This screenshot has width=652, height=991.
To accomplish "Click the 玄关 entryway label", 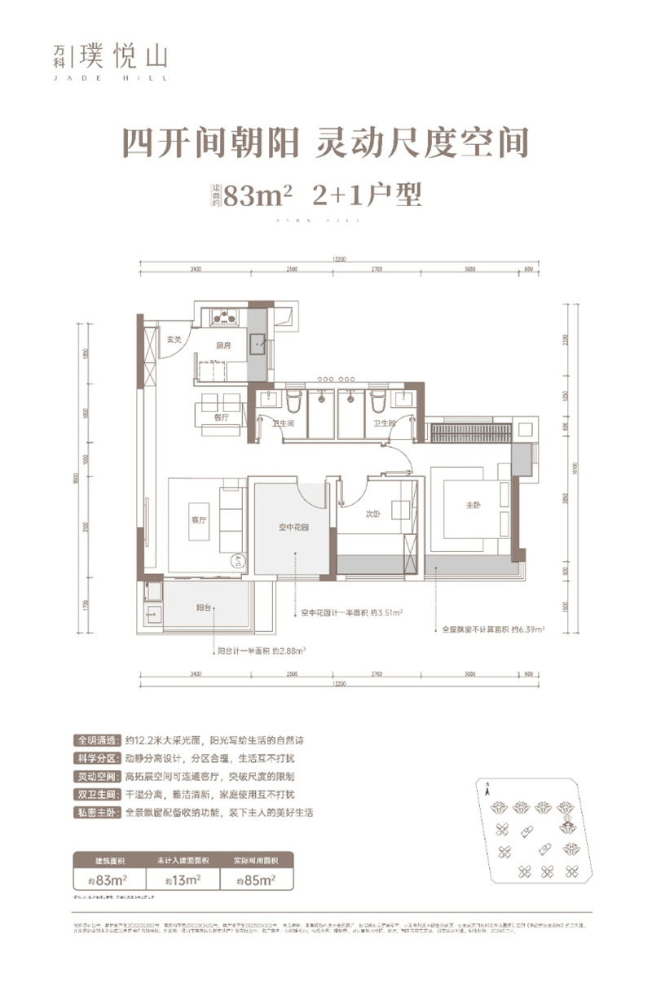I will tap(173, 340).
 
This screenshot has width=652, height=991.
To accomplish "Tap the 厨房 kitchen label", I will tap(225, 345).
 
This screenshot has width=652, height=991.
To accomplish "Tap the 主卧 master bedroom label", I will tap(474, 506).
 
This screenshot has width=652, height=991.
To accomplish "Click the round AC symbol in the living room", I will tap(237, 560).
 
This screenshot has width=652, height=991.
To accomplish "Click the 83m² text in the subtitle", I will tap(258, 196).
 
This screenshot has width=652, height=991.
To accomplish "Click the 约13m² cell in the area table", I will tap(182, 879).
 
